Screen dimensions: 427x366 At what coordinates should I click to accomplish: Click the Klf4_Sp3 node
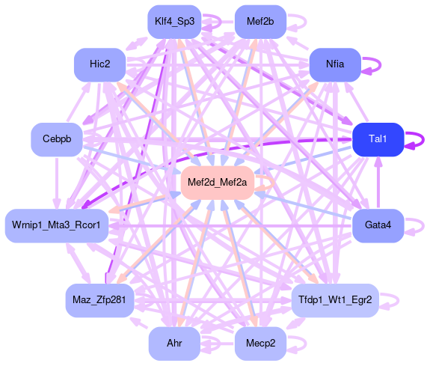click(174, 22)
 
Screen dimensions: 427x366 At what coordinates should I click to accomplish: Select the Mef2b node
click(260, 22)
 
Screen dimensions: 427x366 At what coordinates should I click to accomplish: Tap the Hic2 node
click(100, 64)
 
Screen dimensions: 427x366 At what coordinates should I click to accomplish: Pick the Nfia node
click(335, 64)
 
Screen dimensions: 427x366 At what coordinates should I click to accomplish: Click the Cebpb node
click(57, 139)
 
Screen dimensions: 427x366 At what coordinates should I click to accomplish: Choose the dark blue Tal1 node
click(378, 139)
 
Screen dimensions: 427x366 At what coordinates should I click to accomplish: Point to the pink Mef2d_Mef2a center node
click(218, 183)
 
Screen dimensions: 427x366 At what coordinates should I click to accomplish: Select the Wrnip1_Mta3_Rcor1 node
click(57, 225)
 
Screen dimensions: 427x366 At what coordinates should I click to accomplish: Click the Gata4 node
click(378, 225)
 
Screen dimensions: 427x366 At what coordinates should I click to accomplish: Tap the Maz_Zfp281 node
click(99, 300)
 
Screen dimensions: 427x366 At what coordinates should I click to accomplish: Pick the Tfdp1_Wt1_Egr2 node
click(335, 300)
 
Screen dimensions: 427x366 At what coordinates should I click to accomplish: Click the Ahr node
click(174, 344)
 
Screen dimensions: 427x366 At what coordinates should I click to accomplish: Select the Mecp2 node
click(260, 344)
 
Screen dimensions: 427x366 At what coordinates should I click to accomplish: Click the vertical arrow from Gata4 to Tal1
click(378, 183)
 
